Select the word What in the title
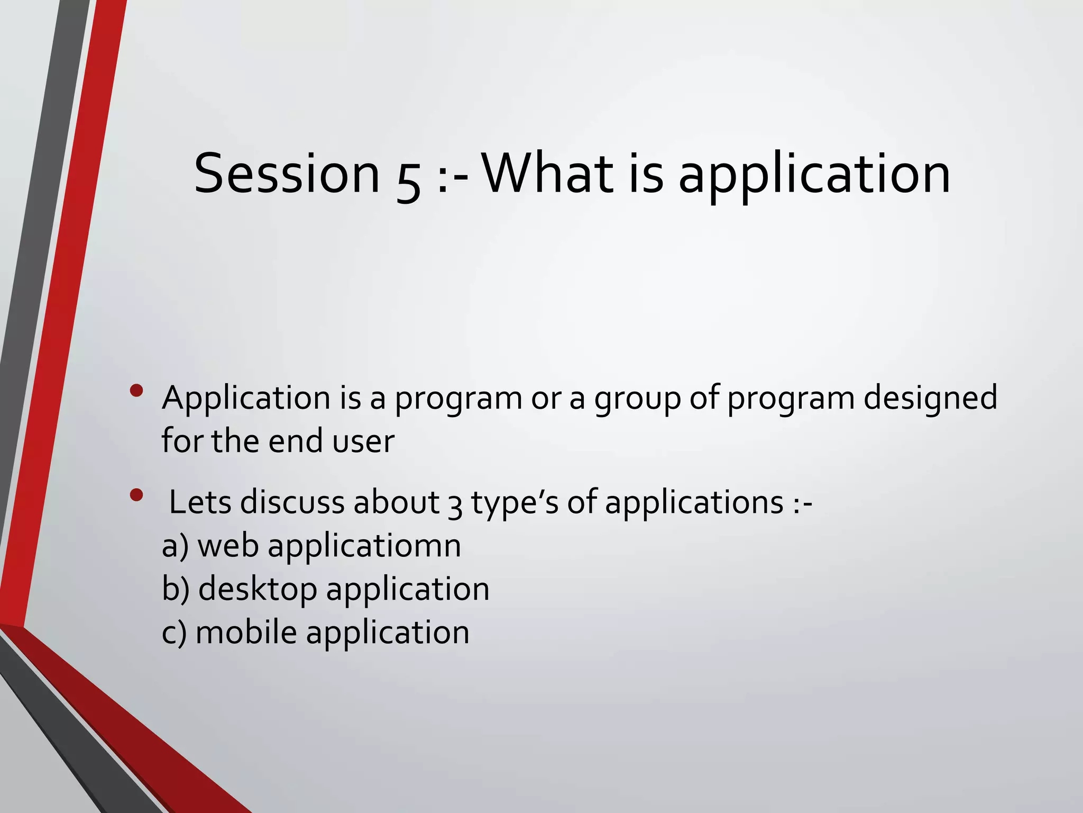(x=547, y=174)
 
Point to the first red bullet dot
(x=136, y=391)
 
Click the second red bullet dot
(x=136, y=495)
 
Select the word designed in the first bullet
(x=930, y=399)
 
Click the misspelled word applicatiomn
(x=364, y=547)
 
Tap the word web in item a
(x=228, y=546)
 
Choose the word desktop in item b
(x=258, y=590)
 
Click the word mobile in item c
(x=246, y=633)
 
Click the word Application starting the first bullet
(x=246, y=399)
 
